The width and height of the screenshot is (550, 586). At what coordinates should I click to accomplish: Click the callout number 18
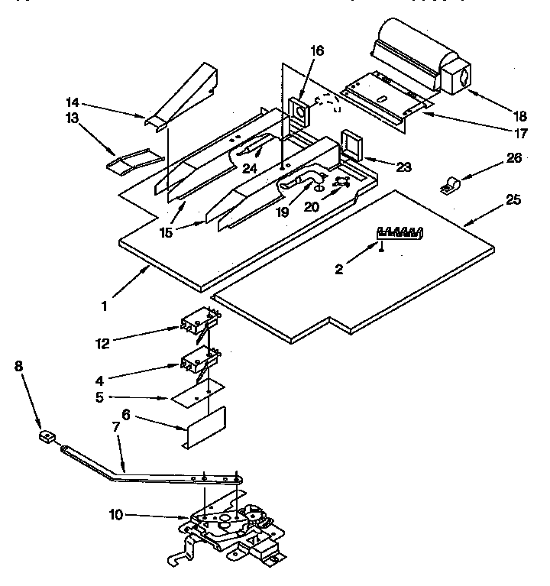(519, 117)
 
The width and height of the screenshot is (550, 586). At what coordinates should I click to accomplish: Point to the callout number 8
(19, 366)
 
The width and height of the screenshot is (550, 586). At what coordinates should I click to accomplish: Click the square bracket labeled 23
(351, 143)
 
